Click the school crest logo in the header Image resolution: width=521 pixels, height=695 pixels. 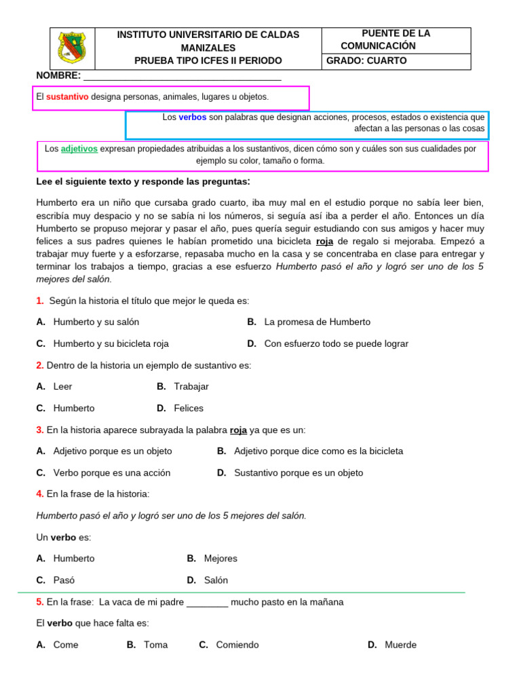pyautogui.click(x=73, y=48)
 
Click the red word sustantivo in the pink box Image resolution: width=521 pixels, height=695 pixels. pyautogui.click(x=67, y=97)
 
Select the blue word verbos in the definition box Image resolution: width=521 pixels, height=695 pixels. pyautogui.click(x=193, y=117)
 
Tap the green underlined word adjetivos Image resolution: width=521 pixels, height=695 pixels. pyautogui.click(x=79, y=149)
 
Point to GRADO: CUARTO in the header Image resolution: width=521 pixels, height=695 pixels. pyautogui.click(x=366, y=60)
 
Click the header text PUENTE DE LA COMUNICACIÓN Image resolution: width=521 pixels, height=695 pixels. pyautogui.click(x=387, y=39)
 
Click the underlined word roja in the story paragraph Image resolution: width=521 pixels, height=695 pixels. pyautogui.click(x=324, y=242)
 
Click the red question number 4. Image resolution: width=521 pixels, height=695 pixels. pyautogui.click(x=39, y=494)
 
